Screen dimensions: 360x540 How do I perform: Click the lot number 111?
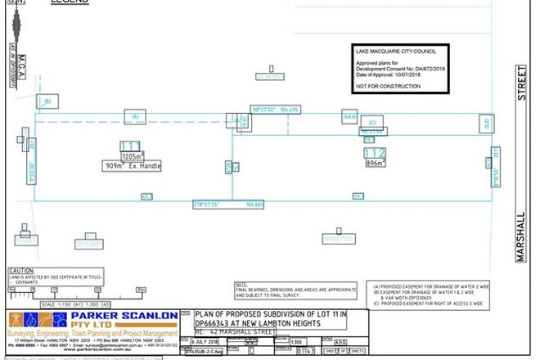[x=131, y=146]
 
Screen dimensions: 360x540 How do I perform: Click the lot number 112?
[x=374, y=153]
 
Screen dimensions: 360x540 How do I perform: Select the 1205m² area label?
[x=133, y=155]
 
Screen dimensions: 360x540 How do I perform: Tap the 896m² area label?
[x=374, y=163]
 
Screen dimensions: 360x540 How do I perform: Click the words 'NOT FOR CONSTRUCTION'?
[x=386, y=85]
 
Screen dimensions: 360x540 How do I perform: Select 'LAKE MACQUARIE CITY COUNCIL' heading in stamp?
[x=394, y=51]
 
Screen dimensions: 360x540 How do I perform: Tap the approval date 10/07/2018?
[x=412, y=74]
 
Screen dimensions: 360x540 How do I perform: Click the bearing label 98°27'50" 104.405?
[x=275, y=109]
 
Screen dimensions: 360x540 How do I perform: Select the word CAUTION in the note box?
[x=20, y=269]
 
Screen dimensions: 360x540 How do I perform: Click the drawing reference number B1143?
[x=304, y=350]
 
